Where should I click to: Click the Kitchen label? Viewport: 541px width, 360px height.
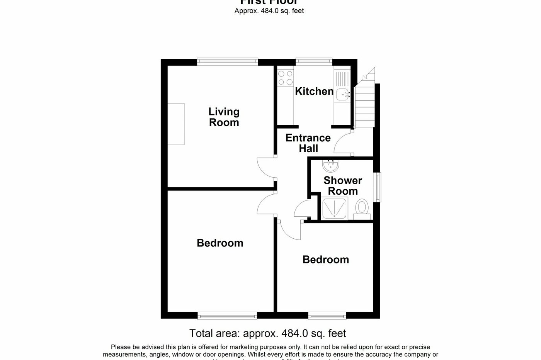pos(314,92)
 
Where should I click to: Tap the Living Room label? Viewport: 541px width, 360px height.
pos(224,117)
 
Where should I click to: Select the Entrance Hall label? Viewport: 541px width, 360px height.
pos(308,143)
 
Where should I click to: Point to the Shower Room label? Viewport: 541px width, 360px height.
pos(343,186)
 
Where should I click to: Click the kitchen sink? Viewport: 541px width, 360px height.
pos(342,94)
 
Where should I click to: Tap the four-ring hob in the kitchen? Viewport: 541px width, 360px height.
pos(285,77)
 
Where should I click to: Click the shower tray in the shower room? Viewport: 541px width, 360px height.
pos(335,209)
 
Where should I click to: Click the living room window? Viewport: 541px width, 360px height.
pos(227,60)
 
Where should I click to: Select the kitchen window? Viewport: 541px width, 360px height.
pos(314,60)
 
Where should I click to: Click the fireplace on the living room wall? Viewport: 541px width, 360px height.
pos(176,124)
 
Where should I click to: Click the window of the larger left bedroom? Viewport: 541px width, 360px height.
pos(227,316)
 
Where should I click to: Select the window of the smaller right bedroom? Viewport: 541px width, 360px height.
pos(327,316)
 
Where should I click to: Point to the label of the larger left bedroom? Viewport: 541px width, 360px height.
pos(220,243)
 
